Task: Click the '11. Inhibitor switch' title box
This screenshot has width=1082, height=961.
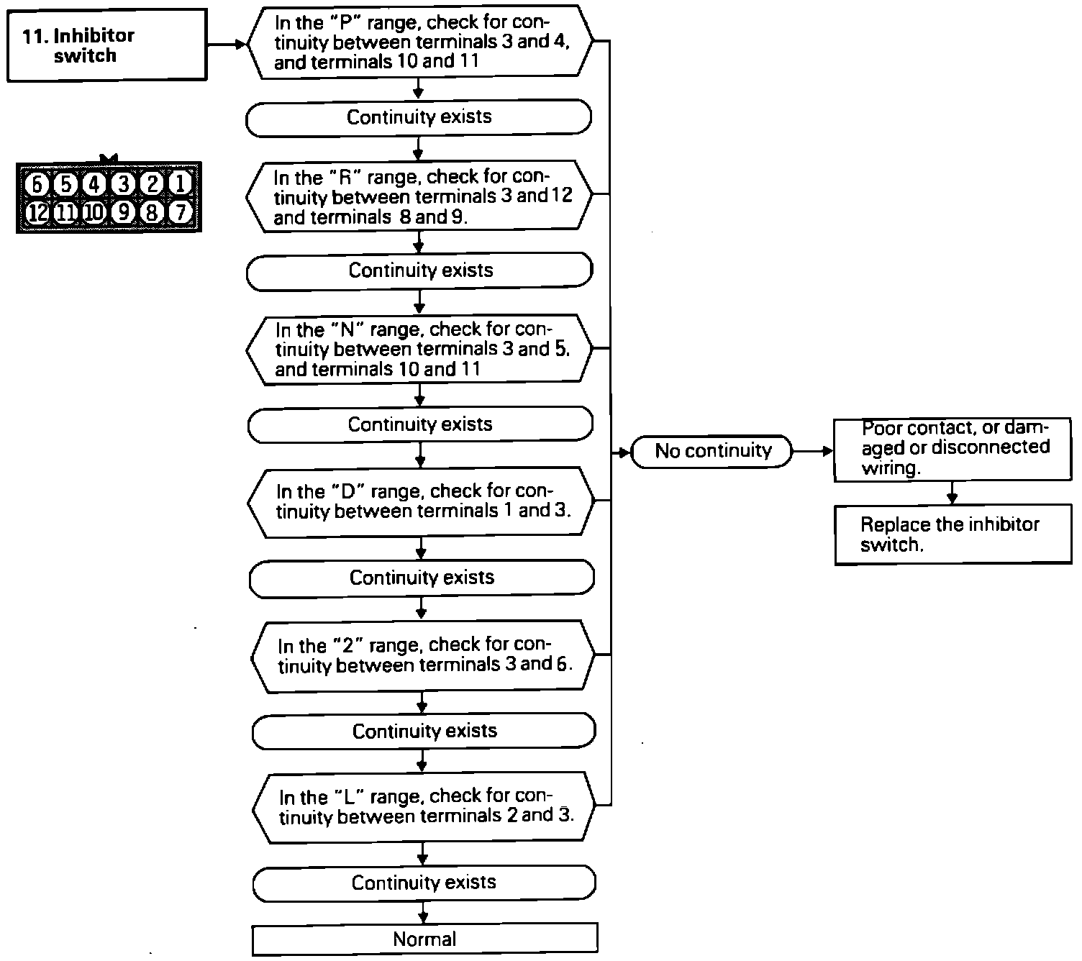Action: coord(106,45)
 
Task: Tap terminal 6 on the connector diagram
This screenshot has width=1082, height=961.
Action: coord(36,184)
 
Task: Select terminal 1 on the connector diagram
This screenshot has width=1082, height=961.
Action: coord(180,184)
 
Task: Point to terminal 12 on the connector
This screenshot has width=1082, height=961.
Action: coord(36,212)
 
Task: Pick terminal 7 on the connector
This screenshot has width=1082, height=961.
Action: coord(180,212)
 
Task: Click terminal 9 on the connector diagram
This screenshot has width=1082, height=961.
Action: coord(123,212)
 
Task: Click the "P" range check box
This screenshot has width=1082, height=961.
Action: coord(420,42)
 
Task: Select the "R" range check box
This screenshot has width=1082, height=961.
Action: coord(420,196)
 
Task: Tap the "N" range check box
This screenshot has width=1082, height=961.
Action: coord(420,350)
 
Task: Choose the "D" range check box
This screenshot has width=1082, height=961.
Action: coord(422,502)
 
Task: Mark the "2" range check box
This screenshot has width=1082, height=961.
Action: coord(423,655)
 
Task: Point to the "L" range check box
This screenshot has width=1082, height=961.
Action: coord(424,807)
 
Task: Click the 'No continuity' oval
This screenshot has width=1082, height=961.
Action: coord(712,452)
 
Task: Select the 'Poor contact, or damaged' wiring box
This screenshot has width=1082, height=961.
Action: coord(953,450)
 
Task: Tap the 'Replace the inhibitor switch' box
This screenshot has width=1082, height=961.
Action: coord(953,534)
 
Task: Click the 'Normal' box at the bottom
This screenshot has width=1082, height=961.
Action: coord(424,939)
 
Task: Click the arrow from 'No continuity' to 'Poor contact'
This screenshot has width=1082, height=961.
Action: coord(813,452)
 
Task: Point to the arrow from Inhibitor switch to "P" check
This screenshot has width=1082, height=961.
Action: coord(227,45)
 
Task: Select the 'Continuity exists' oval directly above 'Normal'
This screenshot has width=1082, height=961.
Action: coord(424,883)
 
